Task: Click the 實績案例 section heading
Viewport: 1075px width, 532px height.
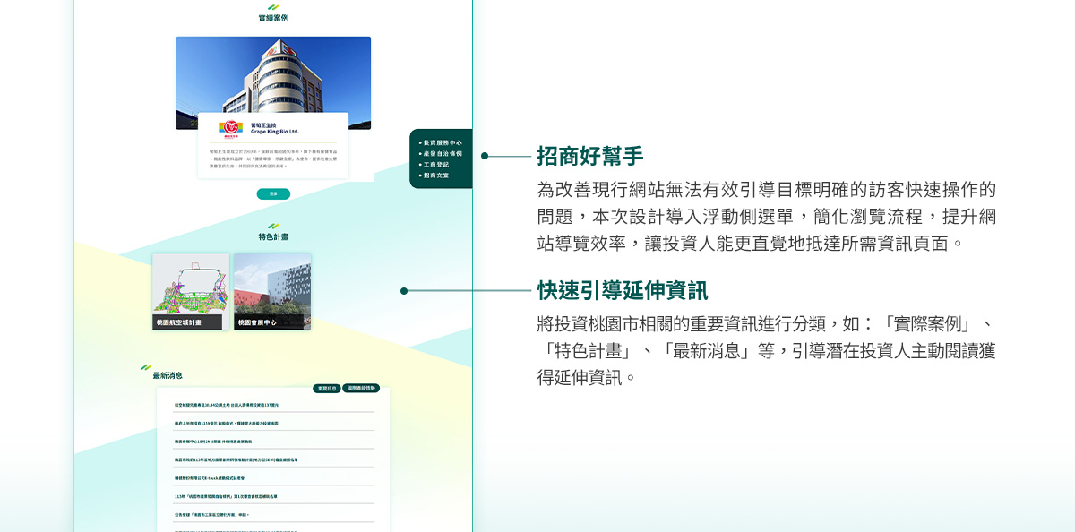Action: click(x=273, y=18)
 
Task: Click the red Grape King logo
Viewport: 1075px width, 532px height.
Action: click(x=232, y=128)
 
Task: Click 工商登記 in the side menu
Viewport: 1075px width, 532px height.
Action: click(x=436, y=165)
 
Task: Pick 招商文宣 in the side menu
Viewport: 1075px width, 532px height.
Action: click(x=436, y=176)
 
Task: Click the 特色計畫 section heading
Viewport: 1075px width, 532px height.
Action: click(x=273, y=236)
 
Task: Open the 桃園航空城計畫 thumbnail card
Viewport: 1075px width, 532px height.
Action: click(x=190, y=292)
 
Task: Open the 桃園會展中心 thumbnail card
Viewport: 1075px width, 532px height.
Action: click(x=272, y=292)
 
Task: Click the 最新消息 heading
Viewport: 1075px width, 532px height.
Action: click(x=168, y=375)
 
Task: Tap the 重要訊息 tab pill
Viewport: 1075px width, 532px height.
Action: click(x=326, y=389)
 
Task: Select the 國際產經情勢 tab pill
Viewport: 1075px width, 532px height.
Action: click(x=361, y=389)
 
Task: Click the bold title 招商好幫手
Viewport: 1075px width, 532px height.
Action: click(x=589, y=156)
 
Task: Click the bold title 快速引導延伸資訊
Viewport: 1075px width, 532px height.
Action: click(x=622, y=290)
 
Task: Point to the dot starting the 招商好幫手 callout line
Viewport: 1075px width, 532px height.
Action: click(x=485, y=156)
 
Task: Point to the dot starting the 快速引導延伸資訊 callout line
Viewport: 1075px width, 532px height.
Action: click(x=404, y=291)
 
